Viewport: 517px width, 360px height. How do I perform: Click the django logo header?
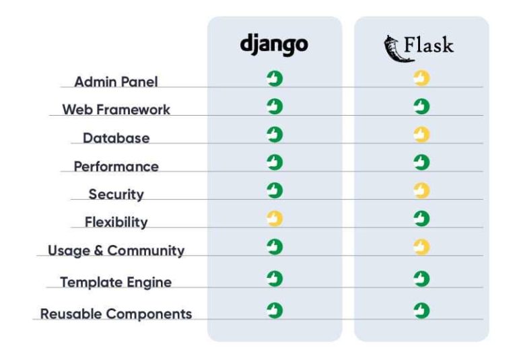click(274, 45)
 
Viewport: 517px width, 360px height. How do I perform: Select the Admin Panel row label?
click(116, 81)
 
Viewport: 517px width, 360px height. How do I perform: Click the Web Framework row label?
click(116, 109)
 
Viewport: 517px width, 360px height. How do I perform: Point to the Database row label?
click(116, 138)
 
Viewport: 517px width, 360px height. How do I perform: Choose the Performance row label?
click(116, 166)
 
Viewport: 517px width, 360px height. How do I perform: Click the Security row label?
click(116, 194)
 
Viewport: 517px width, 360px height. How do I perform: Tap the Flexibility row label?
click(116, 222)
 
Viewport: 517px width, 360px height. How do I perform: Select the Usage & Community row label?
click(116, 251)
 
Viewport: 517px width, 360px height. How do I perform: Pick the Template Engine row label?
click(116, 283)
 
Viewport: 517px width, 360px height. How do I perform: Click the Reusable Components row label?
click(116, 314)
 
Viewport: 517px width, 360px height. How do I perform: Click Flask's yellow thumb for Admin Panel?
click(421, 79)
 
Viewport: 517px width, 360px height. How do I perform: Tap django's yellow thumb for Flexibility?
click(274, 219)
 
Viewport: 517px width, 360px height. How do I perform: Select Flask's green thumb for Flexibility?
click(421, 219)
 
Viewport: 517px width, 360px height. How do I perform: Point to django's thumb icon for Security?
click(274, 191)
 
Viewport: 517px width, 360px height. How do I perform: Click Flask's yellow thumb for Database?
click(421, 135)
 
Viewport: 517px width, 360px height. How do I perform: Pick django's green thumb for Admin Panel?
click(274, 79)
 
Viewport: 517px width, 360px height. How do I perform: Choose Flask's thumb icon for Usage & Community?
click(421, 248)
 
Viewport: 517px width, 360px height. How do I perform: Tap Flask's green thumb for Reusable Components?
click(421, 310)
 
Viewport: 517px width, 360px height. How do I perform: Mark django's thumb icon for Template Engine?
click(274, 279)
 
